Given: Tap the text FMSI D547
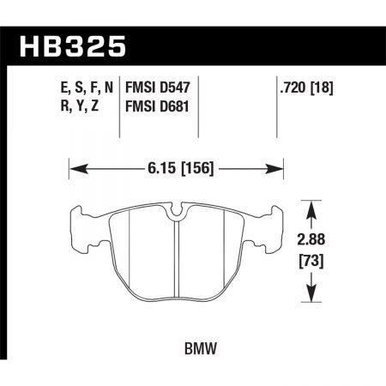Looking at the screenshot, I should pos(156,87).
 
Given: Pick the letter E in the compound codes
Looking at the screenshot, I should pos(43,87).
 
